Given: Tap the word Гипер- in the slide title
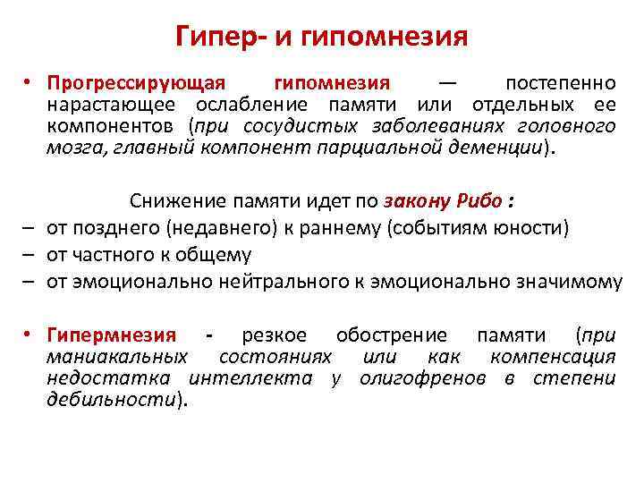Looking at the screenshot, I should [x=221, y=37].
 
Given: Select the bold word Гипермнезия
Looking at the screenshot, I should [x=111, y=335].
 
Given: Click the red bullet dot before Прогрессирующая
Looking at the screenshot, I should [x=29, y=83].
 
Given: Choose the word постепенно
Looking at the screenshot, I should [x=560, y=83].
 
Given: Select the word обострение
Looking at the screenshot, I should [x=392, y=335].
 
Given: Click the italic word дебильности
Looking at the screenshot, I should [x=113, y=400].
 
